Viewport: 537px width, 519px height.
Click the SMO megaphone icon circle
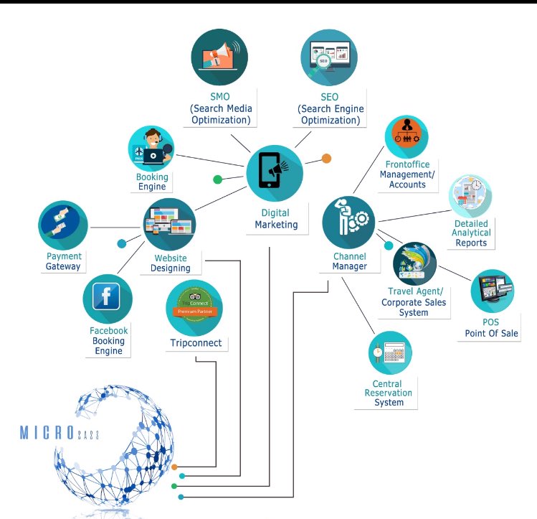[219, 58]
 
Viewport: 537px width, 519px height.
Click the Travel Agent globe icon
[414, 263]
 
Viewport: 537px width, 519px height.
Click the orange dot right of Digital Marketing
[326, 159]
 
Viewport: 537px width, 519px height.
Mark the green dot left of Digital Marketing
[218, 179]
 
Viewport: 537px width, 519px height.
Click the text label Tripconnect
[196, 343]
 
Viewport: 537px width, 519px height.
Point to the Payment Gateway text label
[64, 261]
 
